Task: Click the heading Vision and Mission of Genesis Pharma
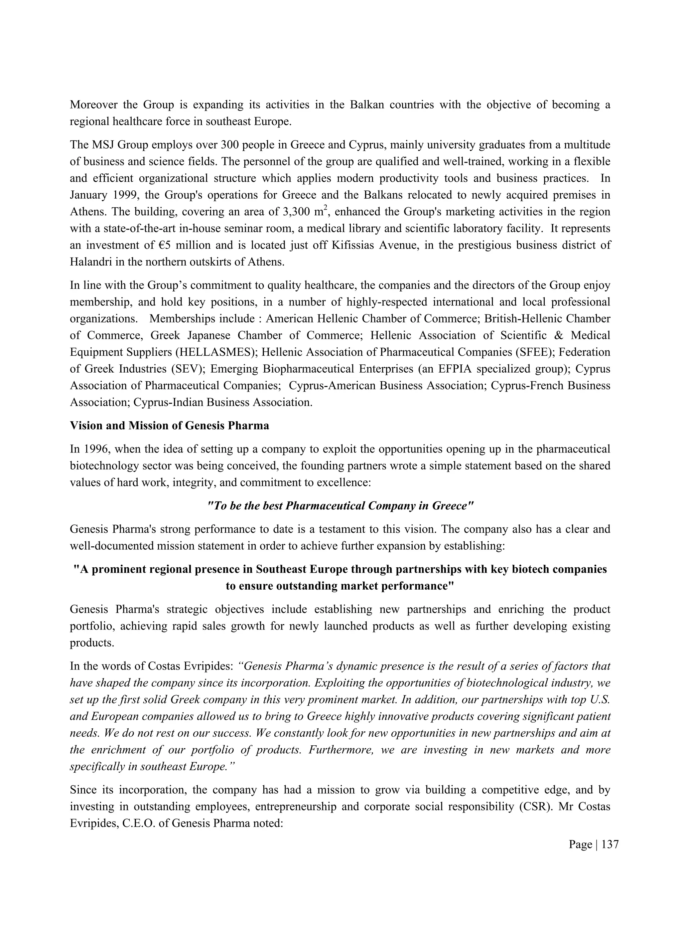point(169,426)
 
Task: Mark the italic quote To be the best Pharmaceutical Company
point(340,506)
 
